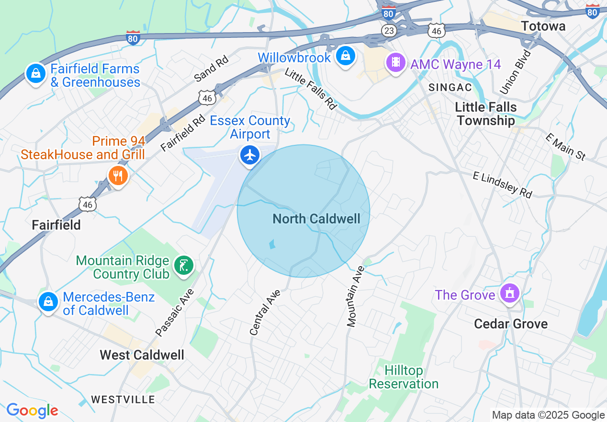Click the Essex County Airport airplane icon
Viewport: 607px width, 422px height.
(x=250, y=155)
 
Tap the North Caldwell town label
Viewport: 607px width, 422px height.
(x=316, y=219)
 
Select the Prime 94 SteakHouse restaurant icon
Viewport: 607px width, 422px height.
(x=117, y=176)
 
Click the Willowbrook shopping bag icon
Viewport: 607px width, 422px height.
(x=344, y=56)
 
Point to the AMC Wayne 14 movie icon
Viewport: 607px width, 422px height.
(x=395, y=62)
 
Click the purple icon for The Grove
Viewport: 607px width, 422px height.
(x=509, y=293)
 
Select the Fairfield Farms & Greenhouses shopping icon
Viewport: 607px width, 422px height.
(x=35, y=73)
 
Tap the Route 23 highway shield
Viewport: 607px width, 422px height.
(x=389, y=31)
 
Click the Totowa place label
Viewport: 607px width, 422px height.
(x=543, y=26)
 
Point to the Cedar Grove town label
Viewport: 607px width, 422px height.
(x=510, y=324)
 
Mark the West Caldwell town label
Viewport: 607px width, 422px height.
(x=142, y=355)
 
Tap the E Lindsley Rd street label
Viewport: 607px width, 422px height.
(x=502, y=184)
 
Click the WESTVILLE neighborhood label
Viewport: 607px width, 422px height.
(x=123, y=399)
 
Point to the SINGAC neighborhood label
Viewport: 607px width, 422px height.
(x=450, y=87)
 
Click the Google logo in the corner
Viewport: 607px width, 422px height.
(x=32, y=410)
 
